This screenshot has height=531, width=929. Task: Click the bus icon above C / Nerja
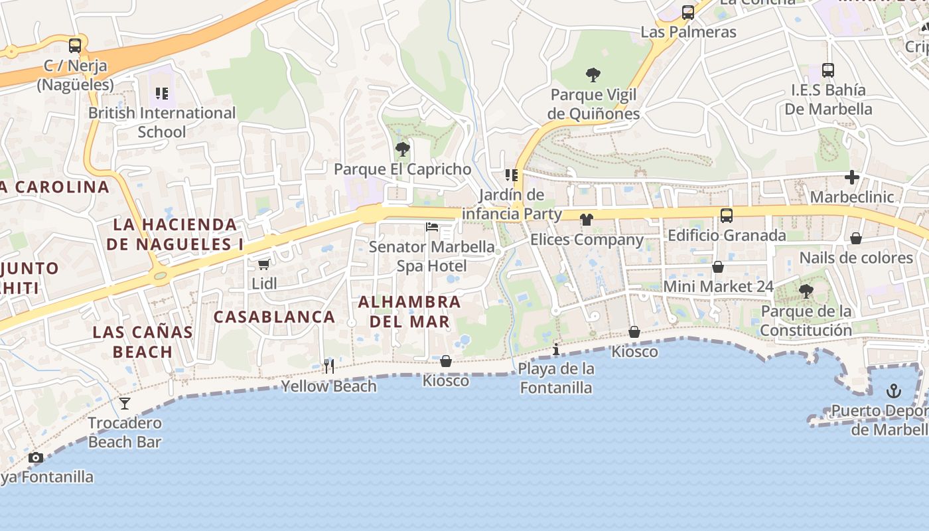[75, 46]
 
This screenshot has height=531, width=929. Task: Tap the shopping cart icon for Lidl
[263, 264]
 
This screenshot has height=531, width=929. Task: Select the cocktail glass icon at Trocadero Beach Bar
[125, 403]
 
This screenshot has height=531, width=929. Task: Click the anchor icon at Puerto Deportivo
[894, 390]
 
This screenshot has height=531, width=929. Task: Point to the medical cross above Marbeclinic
[852, 177]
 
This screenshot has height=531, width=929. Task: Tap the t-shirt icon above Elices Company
[586, 220]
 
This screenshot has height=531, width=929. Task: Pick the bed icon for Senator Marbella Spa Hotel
[432, 227]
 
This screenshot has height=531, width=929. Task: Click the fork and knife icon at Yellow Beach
[329, 366]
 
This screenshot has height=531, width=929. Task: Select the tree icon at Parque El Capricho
[402, 149]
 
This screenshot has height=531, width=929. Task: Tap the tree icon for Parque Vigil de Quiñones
[593, 75]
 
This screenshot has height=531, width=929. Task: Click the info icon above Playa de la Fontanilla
[556, 349]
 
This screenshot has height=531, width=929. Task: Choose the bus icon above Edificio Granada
[727, 215]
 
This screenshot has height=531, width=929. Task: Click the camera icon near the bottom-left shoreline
[36, 457]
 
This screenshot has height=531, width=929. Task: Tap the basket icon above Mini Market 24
[718, 267]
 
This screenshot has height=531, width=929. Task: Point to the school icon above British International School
[162, 94]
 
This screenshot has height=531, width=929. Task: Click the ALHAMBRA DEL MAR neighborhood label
[409, 311]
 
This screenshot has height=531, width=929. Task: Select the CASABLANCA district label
[274, 317]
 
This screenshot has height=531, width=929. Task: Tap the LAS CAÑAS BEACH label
[143, 341]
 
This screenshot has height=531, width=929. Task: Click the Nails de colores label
[856, 258]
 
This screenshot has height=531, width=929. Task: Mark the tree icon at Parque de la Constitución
[806, 291]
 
